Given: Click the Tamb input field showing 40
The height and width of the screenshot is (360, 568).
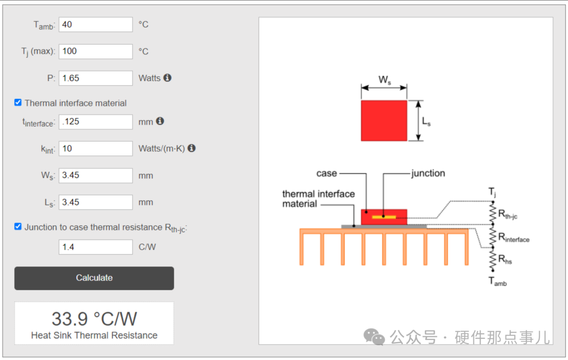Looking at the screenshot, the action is click(96, 25).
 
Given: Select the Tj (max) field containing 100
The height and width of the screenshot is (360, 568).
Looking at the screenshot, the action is click(96, 52).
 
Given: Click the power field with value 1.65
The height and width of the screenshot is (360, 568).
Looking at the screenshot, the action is click(96, 78).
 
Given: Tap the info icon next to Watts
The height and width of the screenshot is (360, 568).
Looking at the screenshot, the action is click(167, 77).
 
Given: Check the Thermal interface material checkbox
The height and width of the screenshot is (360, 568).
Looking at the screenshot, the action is click(18, 103).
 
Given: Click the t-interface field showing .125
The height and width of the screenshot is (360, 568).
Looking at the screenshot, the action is click(96, 122).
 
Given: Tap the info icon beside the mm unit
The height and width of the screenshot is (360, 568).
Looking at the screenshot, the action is click(160, 121).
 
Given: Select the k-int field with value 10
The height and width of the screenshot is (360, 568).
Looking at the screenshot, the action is click(96, 148).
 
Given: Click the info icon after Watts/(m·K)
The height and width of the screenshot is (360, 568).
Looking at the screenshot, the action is click(191, 148).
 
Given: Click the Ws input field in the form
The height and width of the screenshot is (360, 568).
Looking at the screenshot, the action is click(96, 175).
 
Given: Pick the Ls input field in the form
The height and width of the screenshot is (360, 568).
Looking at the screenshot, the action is click(96, 202).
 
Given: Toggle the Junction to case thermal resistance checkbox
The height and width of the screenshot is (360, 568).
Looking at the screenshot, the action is click(18, 227).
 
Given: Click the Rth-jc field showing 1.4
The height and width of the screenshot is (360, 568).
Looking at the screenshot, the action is click(96, 247).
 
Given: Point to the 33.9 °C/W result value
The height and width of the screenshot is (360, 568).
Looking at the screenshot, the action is click(94, 319).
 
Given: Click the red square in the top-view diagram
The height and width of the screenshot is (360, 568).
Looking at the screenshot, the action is click(384, 121).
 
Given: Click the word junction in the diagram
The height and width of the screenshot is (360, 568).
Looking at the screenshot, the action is click(428, 173).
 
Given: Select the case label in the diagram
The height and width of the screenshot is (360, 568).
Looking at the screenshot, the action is click(327, 174).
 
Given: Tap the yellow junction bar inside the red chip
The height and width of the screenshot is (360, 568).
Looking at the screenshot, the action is click(384, 217).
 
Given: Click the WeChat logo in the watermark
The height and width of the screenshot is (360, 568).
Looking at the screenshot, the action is click(374, 337).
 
